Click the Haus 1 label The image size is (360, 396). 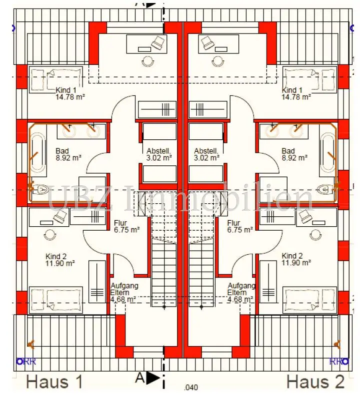tap(54, 382)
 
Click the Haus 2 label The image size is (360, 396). tap(315, 382)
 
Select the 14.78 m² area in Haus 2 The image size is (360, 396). tap(295, 97)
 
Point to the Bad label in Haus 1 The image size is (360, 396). tap(62, 151)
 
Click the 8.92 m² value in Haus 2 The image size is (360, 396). tap(295, 158)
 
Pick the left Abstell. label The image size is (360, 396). tap(159, 151)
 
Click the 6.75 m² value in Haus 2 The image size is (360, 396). tap(239, 230)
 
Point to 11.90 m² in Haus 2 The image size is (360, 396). tap(296, 262)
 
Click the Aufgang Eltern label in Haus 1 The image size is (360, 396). tap(124, 289)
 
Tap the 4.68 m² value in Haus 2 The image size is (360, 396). tap(239, 300)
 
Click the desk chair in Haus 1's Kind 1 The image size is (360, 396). tap(158, 43)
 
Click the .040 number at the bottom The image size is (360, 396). tap(191, 388)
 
